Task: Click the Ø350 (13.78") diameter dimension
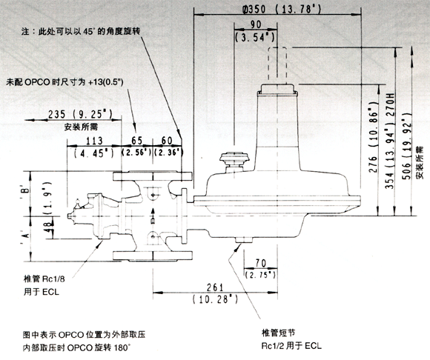pyautogui.click(x=282, y=10)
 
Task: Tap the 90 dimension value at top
pyautogui.click(x=256, y=24)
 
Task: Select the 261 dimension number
pyautogui.click(x=215, y=287)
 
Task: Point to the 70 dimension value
pyautogui.click(x=260, y=263)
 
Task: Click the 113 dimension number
pyautogui.click(x=94, y=141)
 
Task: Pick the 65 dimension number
pyautogui.click(x=136, y=141)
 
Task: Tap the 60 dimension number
pyautogui.click(x=167, y=141)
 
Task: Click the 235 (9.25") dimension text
pyautogui.click(x=80, y=114)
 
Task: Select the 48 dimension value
pyautogui.click(x=49, y=227)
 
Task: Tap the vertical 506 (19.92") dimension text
pyautogui.click(x=407, y=146)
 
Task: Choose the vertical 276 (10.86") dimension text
pyautogui.click(x=374, y=137)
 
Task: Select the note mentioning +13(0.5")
pyautogui.click(x=64, y=82)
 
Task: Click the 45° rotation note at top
pyautogui.click(x=81, y=31)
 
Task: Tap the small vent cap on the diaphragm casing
pyautogui.click(x=234, y=159)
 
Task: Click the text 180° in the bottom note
pyautogui.click(x=122, y=347)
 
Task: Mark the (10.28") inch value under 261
pyautogui.click(x=215, y=299)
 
